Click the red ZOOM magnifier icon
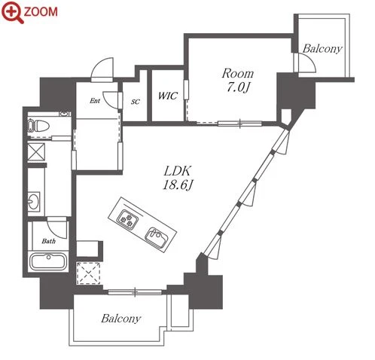[13, 12]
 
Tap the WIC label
[168, 96]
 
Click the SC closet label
[136, 102]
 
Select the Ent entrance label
[95, 101]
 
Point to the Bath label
[49, 241]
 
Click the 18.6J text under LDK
[178, 185]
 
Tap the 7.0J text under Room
[238, 87]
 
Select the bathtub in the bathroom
[47, 261]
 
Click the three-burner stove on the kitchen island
[128, 219]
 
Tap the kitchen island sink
[156, 236]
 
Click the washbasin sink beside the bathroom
[34, 201]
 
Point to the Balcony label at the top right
[322, 48]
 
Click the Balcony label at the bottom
[121, 319]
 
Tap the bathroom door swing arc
[58, 227]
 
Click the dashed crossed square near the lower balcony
[88, 273]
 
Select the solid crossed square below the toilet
[36, 152]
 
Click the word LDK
[178, 171]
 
